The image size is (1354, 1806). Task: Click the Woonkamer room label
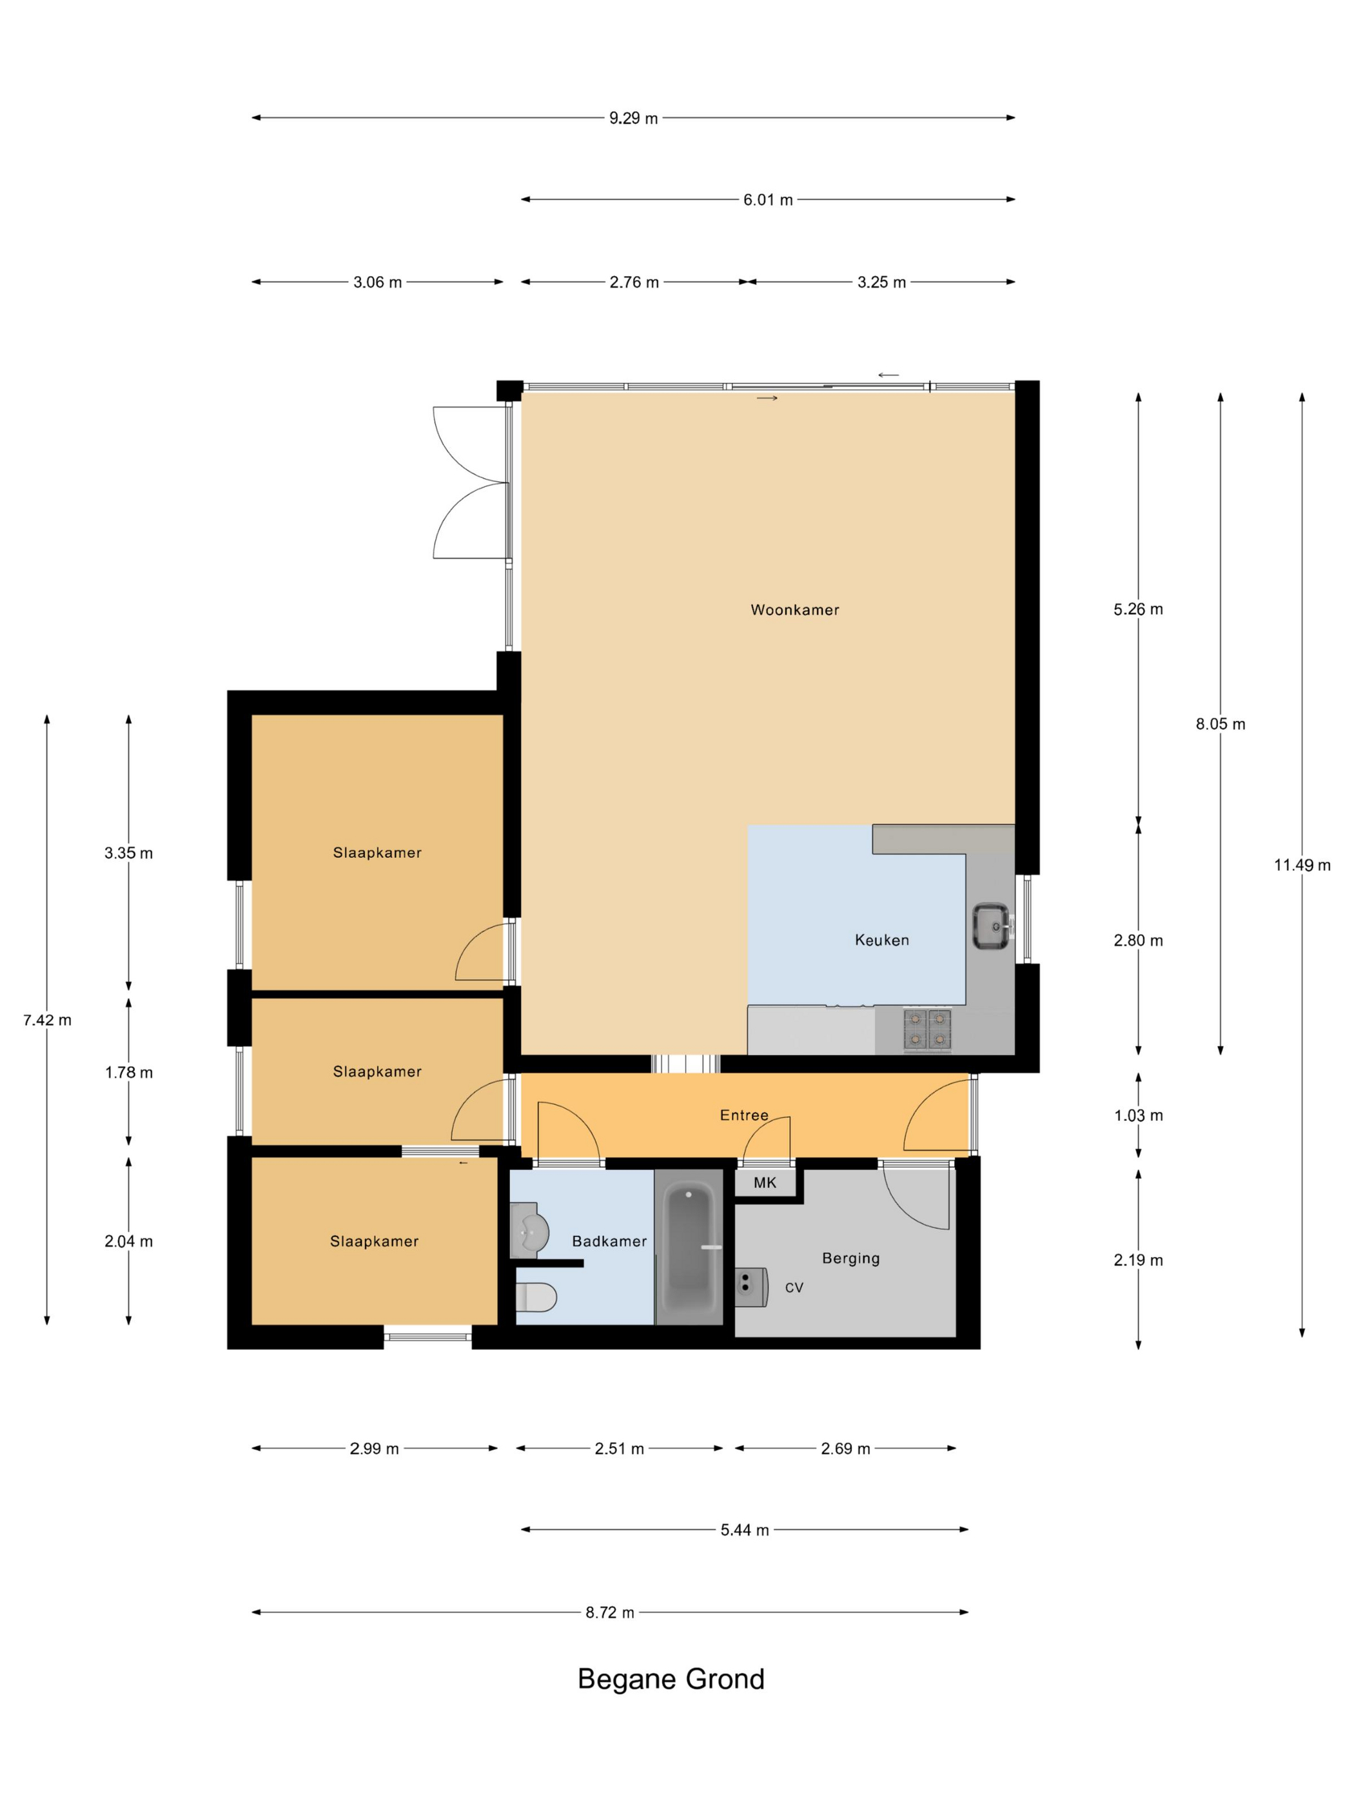(794, 610)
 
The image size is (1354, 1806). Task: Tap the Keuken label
(881, 940)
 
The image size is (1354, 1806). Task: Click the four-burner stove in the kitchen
(927, 1029)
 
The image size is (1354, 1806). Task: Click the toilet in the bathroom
(537, 1296)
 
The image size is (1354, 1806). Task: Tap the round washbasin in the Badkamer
(530, 1232)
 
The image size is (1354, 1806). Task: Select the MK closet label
(765, 1182)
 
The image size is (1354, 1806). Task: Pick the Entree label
(743, 1115)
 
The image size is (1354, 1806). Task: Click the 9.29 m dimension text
(633, 119)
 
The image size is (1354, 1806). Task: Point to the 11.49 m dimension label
(1302, 866)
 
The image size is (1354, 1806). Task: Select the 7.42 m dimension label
(47, 1020)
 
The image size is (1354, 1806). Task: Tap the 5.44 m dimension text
(744, 1530)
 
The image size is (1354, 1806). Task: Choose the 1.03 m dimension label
(1139, 1115)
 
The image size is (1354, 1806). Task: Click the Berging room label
(850, 1258)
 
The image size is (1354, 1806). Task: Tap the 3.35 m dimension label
(128, 853)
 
